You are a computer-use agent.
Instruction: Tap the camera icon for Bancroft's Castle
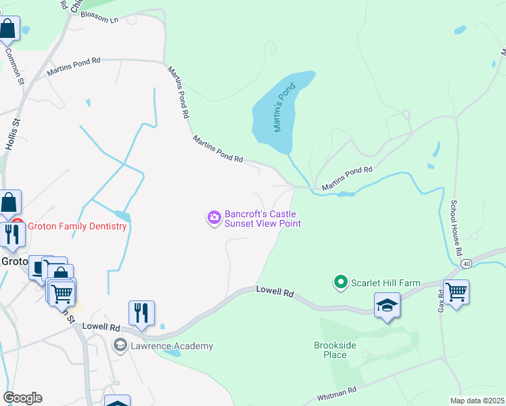pyautogui.click(x=214, y=217)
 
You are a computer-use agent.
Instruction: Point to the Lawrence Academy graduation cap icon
pyautogui.click(x=120, y=345)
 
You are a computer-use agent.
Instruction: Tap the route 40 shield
pyautogui.click(x=466, y=263)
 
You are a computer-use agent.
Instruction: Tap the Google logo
pyautogui.click(x=22, y=398)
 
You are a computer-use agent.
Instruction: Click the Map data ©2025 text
pyautogui.click(x=477, y=401)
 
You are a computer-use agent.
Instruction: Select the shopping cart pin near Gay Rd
pyautogui.click(x=457, y=293)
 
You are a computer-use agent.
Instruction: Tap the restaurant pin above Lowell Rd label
pyautogui.click(x=141, y=313)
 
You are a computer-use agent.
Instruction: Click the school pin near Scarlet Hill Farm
pyautogui.click(x=387, y=306)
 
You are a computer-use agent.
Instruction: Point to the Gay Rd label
pyautogui.click(x=441, y=300)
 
